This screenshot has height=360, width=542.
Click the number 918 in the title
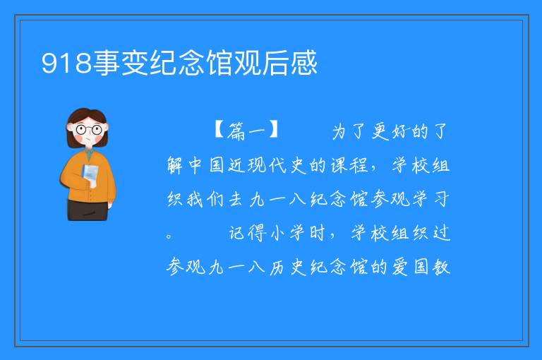[x=66, y=63]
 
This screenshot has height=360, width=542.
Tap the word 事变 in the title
[x=121, y=63]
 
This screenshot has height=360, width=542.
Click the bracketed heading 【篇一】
[x=246, y=131]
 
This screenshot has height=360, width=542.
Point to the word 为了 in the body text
[x=349, y=131]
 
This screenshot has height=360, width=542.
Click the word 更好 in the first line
[x=390, y=131]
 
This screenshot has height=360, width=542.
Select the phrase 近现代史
[x=267, y=164]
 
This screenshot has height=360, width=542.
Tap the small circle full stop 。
[x=169, y=236]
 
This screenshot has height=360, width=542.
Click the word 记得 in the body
[x=248, y=233]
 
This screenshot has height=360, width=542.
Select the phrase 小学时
[x=298, y=233]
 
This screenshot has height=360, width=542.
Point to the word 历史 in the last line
[x=288, y=267]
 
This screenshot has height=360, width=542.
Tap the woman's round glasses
[x=88, y=130]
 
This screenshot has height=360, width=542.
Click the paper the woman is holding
[x=90, y=175]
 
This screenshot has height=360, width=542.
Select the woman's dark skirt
[x=88, y=210]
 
